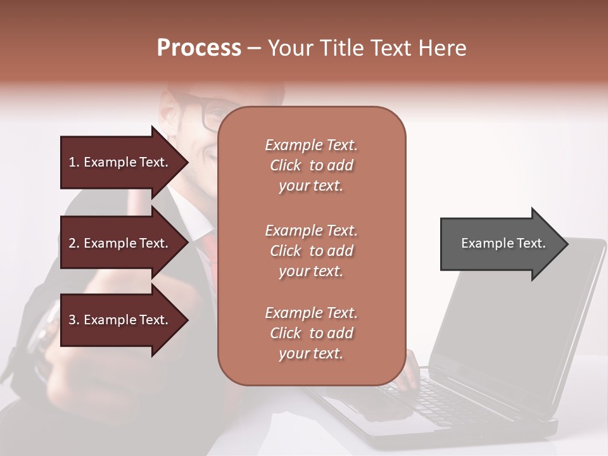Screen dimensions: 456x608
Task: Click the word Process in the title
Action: point(199,47)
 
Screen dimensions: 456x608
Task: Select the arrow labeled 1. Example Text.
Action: point(120,162)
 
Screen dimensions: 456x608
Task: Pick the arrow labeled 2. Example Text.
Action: point(120,243)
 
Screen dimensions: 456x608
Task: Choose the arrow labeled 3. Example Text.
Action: point(120,320)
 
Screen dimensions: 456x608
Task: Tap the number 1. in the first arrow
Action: point(73,162)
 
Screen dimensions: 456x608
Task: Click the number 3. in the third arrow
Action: point(73,320)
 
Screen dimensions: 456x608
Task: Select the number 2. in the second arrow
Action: point(73,243)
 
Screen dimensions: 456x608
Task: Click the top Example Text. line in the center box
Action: point(311,145)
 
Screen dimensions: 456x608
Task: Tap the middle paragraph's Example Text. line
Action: point(311,231)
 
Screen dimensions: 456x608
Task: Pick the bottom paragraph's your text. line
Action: point(311,354)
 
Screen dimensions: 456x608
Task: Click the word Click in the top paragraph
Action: point(286,165)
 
